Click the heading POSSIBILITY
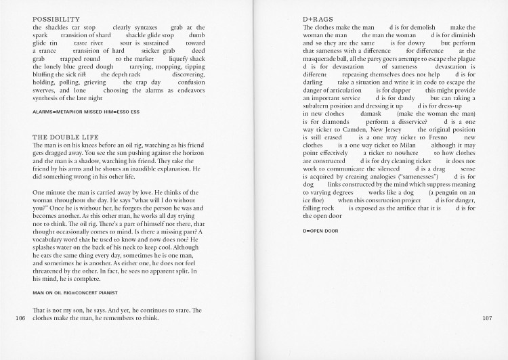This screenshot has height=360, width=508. tap(56, 19)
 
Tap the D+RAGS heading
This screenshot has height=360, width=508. tap(318, 19)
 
